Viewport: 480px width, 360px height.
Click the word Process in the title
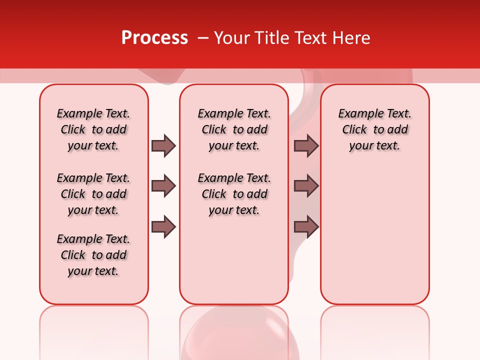click(154, 37)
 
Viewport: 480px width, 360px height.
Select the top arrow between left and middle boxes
click(163, 145)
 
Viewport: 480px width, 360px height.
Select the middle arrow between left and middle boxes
click(163, 186)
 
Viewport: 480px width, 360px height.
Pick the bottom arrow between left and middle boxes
click(163, 227)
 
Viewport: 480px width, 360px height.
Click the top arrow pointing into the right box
click(306, 145)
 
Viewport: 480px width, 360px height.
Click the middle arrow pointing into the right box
click(306, 186)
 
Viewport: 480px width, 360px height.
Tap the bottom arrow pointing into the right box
click(306, 227)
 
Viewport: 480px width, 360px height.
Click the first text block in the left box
click(93, 129)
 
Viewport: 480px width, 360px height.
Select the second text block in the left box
click(93, 194)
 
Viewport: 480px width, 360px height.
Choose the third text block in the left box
click(93, 255)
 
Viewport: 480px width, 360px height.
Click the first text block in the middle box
click(234, 129)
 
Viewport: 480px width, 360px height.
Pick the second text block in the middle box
click(234, 194)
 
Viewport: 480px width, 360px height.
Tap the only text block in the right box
click(375, 129)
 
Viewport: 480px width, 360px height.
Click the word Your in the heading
click(232, 38)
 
